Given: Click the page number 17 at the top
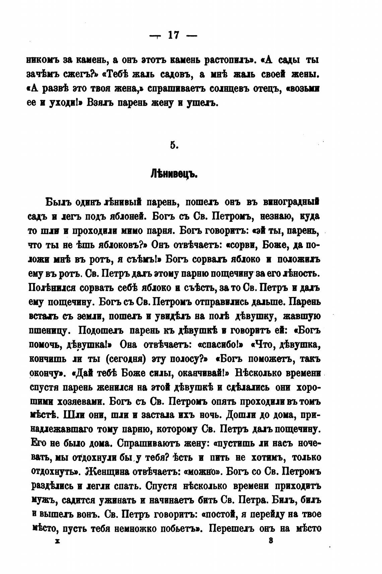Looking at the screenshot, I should tap(174, 35).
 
